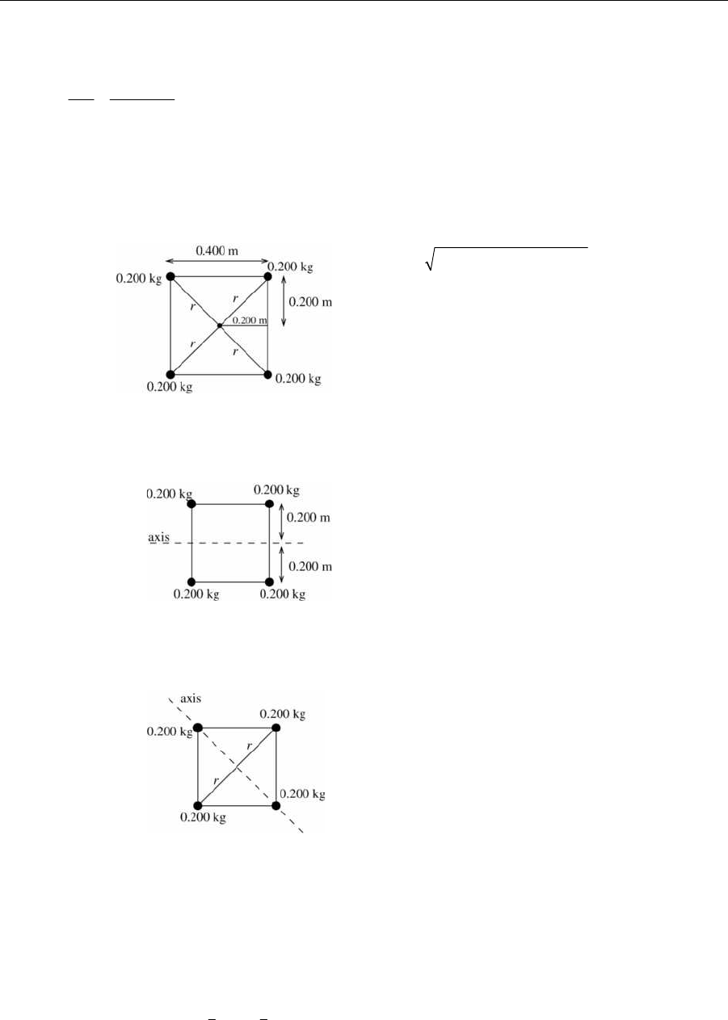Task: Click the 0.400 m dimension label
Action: click(x=217, y=250)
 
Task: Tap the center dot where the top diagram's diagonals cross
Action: click(x=219, y=325)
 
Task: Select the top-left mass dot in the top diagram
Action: click(x=170, y=276)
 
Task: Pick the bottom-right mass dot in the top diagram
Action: click(x=267, y=375)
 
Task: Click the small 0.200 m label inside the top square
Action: click(x=249, y=320)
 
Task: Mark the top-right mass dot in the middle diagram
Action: click(x=268, y=504)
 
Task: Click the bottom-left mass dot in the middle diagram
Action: click(x=191, y=582)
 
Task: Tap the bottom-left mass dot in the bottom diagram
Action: click(x=198, y=806)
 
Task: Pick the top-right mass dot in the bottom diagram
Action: click(x=276, y=728)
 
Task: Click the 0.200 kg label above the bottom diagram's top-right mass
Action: click(x=282, y=715)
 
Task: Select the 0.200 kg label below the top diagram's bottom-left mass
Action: click(x=170, y=387)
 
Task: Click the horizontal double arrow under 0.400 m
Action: click(x=217, y=261)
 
